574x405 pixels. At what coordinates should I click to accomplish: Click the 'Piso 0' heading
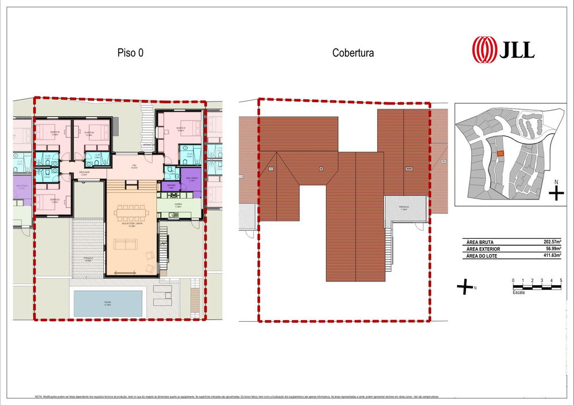pyautogui.click(x=130, y=53)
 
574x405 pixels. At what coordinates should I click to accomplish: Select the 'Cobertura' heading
pyautogui.click(x=353, y=53)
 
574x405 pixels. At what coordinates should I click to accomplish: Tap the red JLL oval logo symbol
pyautogui.click(x=483, y=49)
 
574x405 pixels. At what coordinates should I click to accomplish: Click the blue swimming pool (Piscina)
pyautogui.click(x=108, y=302)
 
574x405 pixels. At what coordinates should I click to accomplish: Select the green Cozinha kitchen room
pyautogui.click(x=179, y=208)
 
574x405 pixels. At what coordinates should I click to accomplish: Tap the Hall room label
pyautogui.click(x=133, y=166)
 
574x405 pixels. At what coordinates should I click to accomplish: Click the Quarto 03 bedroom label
pyautogui.click(x=180, y=128)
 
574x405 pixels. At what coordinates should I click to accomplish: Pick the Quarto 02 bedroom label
pyautogui.click(x=52, y=201)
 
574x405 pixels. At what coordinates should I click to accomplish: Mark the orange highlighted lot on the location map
pyautogui.click(x=501, y=154)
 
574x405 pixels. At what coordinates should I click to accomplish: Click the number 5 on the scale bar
pyautogui.click(x=560, y=280)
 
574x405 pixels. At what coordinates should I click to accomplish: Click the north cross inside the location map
pyautogui.click(x=556, y=193)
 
